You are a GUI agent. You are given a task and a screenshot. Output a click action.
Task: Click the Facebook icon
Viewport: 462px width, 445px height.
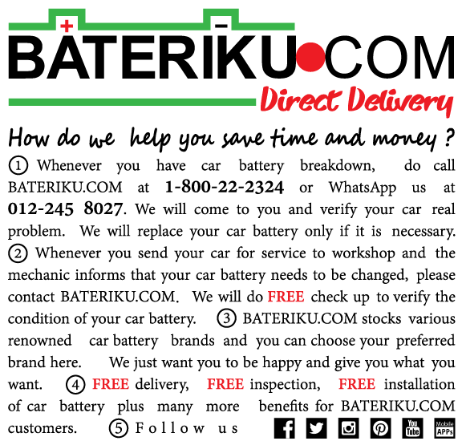coord(284,428)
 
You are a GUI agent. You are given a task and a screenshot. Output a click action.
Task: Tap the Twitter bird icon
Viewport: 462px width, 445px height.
coord(317,428)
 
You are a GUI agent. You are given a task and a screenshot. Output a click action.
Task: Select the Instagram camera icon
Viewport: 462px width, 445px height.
coord(349,428)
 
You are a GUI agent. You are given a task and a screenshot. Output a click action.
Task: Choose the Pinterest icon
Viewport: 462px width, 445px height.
coord(381,428)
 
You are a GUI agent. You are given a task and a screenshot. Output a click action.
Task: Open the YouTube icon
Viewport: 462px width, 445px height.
coord(412,428)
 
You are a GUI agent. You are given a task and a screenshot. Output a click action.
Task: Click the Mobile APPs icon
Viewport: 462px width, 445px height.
coord(444,428)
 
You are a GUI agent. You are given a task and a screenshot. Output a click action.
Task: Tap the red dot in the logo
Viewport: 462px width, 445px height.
coord(310,57)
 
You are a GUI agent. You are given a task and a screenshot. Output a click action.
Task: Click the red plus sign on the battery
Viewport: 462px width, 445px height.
coord(67,26)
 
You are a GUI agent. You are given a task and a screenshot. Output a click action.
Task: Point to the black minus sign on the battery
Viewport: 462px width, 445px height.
coord(221,26)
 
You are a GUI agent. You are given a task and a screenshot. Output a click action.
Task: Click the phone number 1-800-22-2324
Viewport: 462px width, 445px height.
coord(225,187)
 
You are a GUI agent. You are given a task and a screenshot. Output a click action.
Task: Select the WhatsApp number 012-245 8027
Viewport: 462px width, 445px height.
coord(65,208)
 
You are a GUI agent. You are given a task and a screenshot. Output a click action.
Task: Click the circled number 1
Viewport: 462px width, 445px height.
coord(18,165)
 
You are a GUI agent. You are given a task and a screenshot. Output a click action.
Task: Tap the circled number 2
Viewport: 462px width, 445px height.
coord(18,253)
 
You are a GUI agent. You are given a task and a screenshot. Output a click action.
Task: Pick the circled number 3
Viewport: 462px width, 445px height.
coord(226,319)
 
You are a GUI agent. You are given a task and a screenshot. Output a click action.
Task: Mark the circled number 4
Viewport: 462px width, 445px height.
coord(75,385)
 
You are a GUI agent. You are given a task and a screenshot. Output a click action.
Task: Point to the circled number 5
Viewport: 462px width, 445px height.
coord(119,428)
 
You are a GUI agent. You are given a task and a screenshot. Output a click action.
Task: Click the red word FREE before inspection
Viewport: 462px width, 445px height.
coord(225,384)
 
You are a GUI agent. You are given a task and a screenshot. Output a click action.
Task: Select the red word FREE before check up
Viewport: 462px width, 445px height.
coord(286,297)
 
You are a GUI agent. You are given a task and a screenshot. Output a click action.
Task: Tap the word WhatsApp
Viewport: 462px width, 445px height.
coord(363,188)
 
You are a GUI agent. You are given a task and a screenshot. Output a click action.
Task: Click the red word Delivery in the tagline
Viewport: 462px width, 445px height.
coord(400,101)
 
